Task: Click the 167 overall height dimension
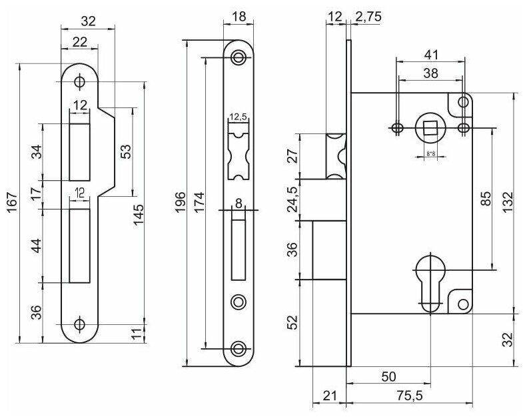pyautogui.click(x=13, y=202)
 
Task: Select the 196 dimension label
pyautogui.click(x=180, y=202)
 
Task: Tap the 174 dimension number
pyautogui.click(x=199, y=202)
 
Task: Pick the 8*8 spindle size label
pyautogui.click(x=430, y=154)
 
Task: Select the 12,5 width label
pyautogui.click(x=238, y=117)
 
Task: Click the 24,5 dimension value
pyautogui.click(x=293, y=199)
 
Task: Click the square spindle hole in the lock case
pyautogui.click(x=429, y=127)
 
